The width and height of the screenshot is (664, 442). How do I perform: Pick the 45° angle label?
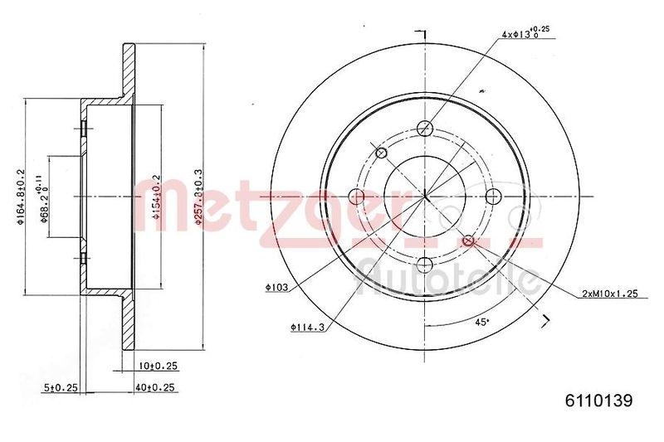(x=481, y=322)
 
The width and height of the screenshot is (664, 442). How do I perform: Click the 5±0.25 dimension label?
(x=61, y=386)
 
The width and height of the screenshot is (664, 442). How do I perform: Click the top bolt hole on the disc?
(x=425, y=129)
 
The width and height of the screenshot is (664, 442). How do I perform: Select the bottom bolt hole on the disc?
(x=425, y=265)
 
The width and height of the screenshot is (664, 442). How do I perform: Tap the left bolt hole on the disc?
(x=357, y=197)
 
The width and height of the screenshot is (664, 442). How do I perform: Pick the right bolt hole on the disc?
(x=493, y=197)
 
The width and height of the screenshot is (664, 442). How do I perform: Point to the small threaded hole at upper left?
(x=382, y=153)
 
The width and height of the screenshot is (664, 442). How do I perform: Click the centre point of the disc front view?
(x=425, y=197)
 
